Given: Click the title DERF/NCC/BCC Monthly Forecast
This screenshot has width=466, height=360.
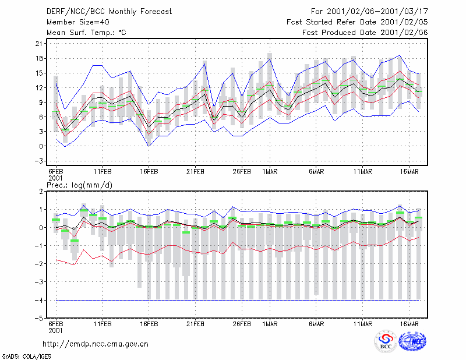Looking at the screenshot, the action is pyautogui.click(x=109, y=12).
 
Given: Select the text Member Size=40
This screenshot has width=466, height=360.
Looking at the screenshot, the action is pyautogui.click(x=78, y=22).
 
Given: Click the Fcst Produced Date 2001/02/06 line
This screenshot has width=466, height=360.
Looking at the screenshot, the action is pyautogui.click(x=365, y=33).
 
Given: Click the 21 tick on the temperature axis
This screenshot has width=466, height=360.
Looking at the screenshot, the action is pyautogui.click(x=39, y=44).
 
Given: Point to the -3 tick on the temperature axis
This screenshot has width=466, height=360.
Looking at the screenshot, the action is pyautogui.click(x=38, y=161).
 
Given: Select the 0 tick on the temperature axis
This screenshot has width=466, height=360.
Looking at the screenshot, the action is pyautogui.click(x=41, y=146).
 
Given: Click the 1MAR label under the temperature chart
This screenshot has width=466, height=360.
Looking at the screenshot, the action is pyautogui.click(x=270, y=172).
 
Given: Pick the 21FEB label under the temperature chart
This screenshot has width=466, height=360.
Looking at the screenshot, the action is pyautogui.click(x=195, y=172).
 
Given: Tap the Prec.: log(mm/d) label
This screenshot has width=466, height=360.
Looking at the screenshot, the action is pyautogui.click(x=79, y=185).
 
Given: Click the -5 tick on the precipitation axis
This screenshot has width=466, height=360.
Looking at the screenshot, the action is pyautogui.click(x=38, y=318).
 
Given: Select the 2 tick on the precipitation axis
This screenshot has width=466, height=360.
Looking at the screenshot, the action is pyautogui.click(x=41, y=192).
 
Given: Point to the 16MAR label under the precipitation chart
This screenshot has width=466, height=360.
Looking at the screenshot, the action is pyautogui.click(x=409, y=324).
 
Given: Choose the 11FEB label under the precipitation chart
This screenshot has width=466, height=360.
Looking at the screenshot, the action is pyautogui.click(x=103, y=324).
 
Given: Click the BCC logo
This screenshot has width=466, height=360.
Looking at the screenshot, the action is pyautogui.click(x=386, y=341).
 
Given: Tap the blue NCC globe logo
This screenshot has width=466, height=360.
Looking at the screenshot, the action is pyautogui.click(x=412, y=341).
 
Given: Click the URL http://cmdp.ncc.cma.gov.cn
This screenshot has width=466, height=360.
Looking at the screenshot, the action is pyautogui.click(x=96, y=344).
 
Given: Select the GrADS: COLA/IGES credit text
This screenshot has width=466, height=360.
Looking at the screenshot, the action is pyautogui.click(x=26, y=357).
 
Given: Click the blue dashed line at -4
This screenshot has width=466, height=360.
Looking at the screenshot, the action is pyautogui.click(x=238, y=300).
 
